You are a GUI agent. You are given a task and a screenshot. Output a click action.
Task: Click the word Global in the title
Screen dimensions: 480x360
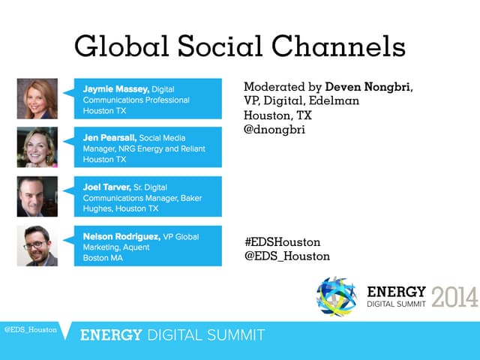point(121,46)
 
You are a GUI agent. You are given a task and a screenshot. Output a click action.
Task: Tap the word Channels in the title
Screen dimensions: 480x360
point(338,46)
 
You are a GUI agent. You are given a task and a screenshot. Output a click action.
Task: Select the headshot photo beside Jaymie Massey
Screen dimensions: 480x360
point(37,98)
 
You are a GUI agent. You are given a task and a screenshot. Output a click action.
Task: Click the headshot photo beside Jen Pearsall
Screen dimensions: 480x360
point(37,147)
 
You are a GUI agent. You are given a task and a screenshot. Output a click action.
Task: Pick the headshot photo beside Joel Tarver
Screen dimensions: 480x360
point(37,196)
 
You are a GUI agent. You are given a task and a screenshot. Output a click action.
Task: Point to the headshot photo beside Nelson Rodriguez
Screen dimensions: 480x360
point(37,246)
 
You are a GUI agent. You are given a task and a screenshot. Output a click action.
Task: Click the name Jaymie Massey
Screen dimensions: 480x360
point(116,89)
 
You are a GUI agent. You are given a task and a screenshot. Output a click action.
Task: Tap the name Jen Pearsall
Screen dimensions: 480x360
point(109,138)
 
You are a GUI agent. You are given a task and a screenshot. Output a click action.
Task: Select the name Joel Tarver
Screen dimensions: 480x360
point(107,187)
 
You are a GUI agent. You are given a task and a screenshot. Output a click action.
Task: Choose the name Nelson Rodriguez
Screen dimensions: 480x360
point(121,237)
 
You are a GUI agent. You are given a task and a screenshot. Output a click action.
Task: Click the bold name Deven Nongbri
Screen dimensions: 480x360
point(368,87)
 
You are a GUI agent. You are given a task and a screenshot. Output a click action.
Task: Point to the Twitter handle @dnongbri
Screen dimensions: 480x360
point(274,130)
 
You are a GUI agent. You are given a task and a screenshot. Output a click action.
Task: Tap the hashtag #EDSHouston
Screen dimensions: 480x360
point(283,242)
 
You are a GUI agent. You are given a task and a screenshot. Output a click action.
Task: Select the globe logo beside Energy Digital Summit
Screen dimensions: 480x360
point(337,296)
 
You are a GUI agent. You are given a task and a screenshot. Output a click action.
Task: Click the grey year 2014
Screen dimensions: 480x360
point(455,297)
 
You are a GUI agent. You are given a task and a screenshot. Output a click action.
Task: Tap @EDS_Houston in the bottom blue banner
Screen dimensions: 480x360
point(31,330)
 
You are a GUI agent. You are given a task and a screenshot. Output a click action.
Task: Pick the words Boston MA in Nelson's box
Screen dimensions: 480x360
point(103,258)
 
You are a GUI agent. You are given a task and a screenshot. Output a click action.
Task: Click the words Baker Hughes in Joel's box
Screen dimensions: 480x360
point(142,203)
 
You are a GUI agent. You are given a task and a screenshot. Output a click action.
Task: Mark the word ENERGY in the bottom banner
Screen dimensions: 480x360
point(111,335)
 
